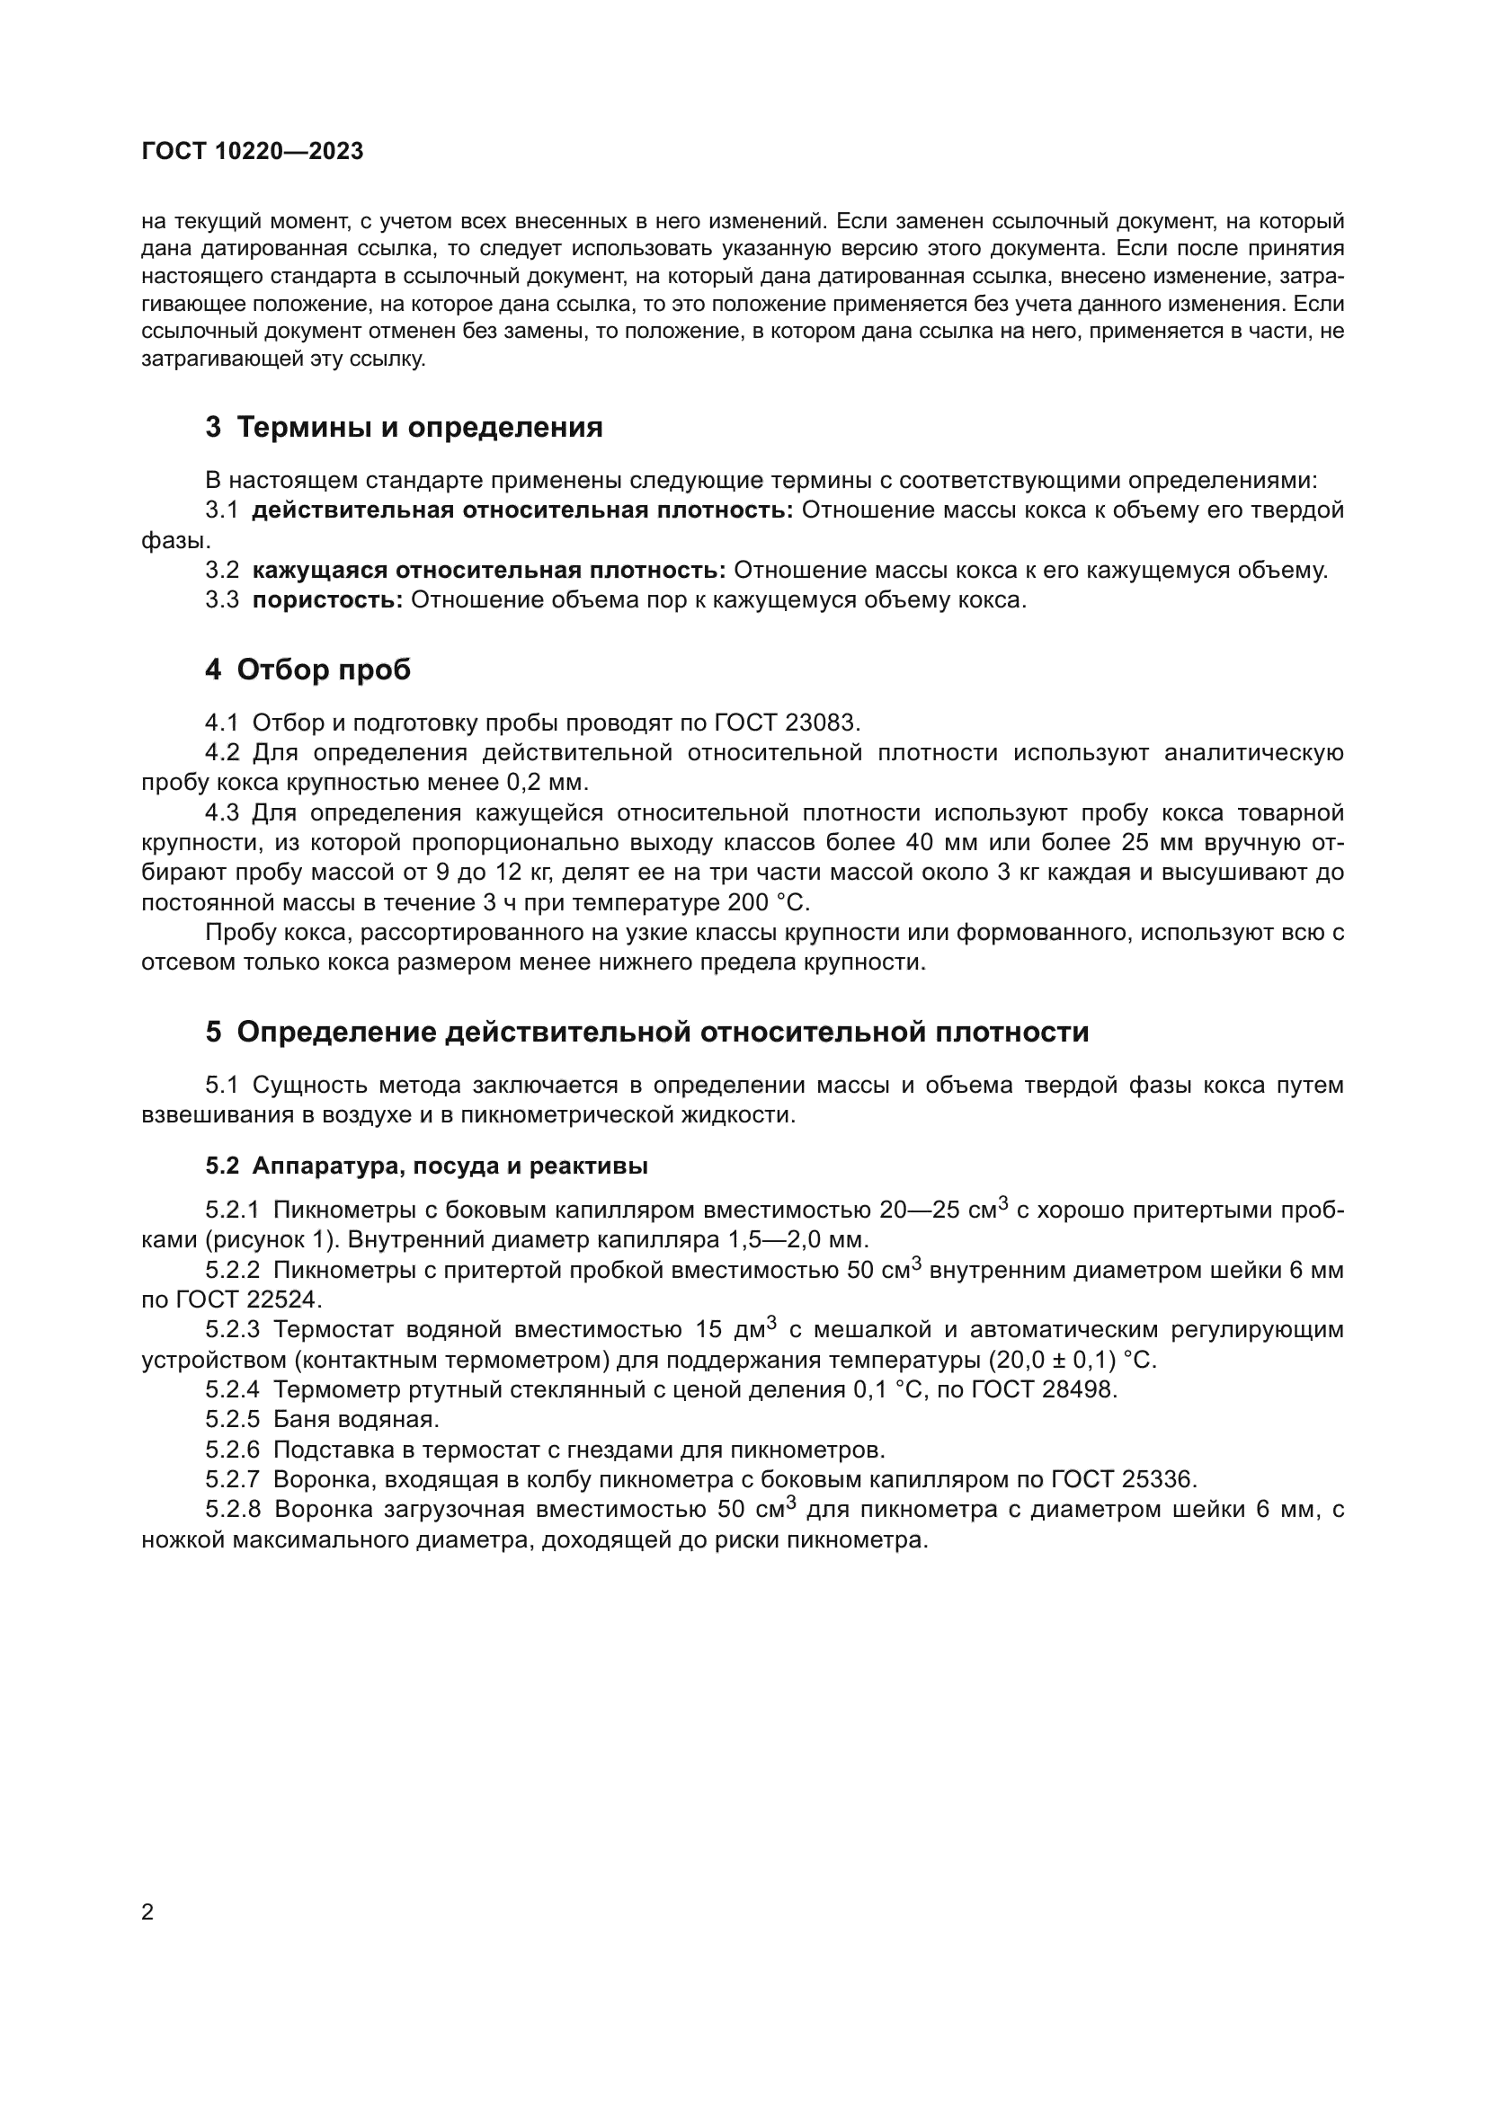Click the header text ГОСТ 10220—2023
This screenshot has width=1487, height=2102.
tap(253, 152)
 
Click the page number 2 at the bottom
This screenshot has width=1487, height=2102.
tap(148, 1912)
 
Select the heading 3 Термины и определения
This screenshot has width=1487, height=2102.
tap(404, 427)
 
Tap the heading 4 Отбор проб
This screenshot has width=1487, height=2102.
tap(307, 670)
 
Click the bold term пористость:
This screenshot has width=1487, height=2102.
tap(327, 600)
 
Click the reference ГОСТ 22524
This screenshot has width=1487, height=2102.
tap(232, 1300)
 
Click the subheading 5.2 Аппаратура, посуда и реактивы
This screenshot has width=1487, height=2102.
tap(427, 1166)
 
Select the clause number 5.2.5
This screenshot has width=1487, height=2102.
tap(233, 1420)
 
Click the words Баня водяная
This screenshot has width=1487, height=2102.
tap(356, 1420)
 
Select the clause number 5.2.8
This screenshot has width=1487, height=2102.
tap(234, 1510)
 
